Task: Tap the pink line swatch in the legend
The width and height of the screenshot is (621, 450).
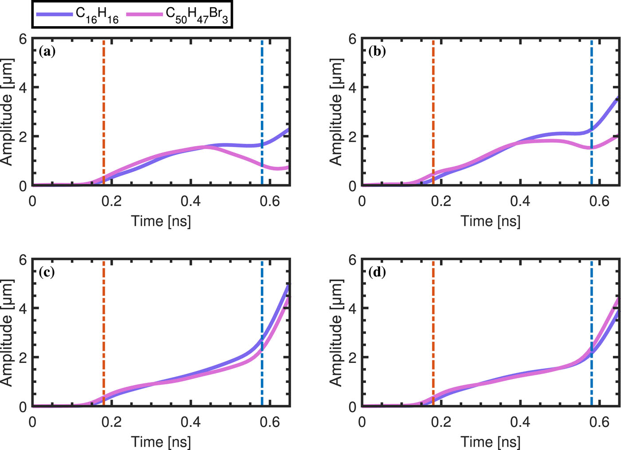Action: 144,14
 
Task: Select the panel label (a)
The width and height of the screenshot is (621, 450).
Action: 47,52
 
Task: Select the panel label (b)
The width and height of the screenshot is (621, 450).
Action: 377,52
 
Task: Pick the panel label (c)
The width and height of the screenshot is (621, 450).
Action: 47,272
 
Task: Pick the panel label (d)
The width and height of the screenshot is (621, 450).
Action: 377,272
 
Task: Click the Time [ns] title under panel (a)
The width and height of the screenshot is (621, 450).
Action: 161,221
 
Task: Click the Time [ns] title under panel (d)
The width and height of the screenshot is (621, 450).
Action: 491,442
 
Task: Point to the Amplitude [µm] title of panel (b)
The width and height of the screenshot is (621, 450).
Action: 336,112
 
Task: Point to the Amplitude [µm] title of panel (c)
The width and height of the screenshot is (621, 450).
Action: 7,333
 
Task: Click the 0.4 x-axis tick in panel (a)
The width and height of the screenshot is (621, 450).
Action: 190,201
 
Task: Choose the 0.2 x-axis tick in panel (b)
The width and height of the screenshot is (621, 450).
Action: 441,201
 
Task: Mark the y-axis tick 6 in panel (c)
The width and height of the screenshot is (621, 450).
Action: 24,259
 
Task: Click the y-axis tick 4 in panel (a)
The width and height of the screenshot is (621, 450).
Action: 24,88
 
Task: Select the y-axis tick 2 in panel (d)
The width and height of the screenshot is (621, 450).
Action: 353,357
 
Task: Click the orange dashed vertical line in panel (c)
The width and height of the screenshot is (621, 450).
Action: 103,311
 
